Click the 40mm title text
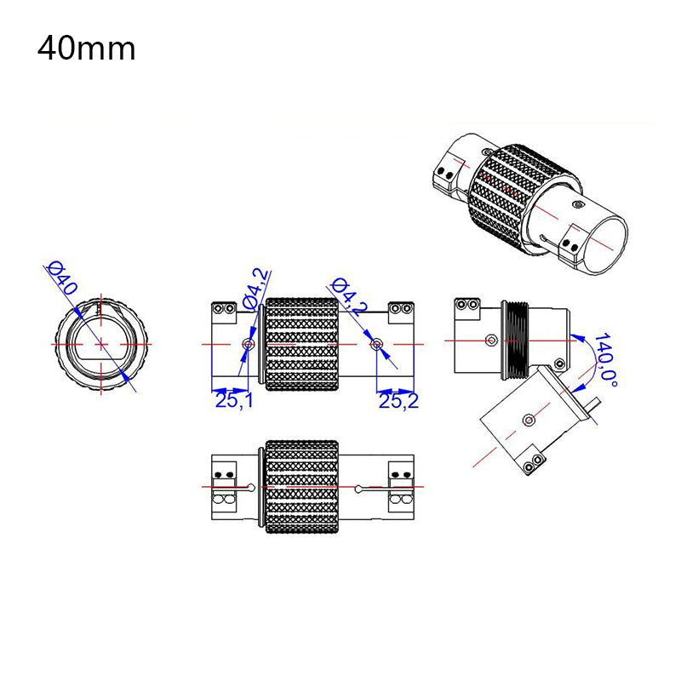point(86,49)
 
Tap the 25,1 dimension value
point(234,401)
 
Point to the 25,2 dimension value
point(398,401)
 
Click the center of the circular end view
point(101,343)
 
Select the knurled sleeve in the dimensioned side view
point(302,344)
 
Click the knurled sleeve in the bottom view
point(302,487)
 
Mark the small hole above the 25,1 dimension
point(248,344)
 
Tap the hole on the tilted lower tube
point(529,419)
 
